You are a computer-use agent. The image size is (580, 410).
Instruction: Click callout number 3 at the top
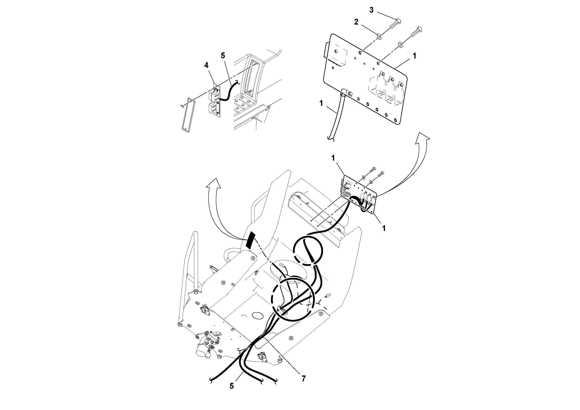(x=371, y=10)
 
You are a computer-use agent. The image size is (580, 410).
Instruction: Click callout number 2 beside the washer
(x=356, y=22)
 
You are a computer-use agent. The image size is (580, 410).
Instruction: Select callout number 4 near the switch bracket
(x=206, y=66)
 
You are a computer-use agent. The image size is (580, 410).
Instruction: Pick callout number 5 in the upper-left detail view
(x=222, y=56)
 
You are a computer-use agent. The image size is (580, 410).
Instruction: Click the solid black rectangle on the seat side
(x=250, y=239)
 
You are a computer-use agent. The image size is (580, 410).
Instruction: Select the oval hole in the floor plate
(x=257, y=315)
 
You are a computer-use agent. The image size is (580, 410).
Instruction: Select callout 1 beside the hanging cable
(x=321, y=103)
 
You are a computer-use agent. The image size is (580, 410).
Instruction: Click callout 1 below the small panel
(x=384, y=228)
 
